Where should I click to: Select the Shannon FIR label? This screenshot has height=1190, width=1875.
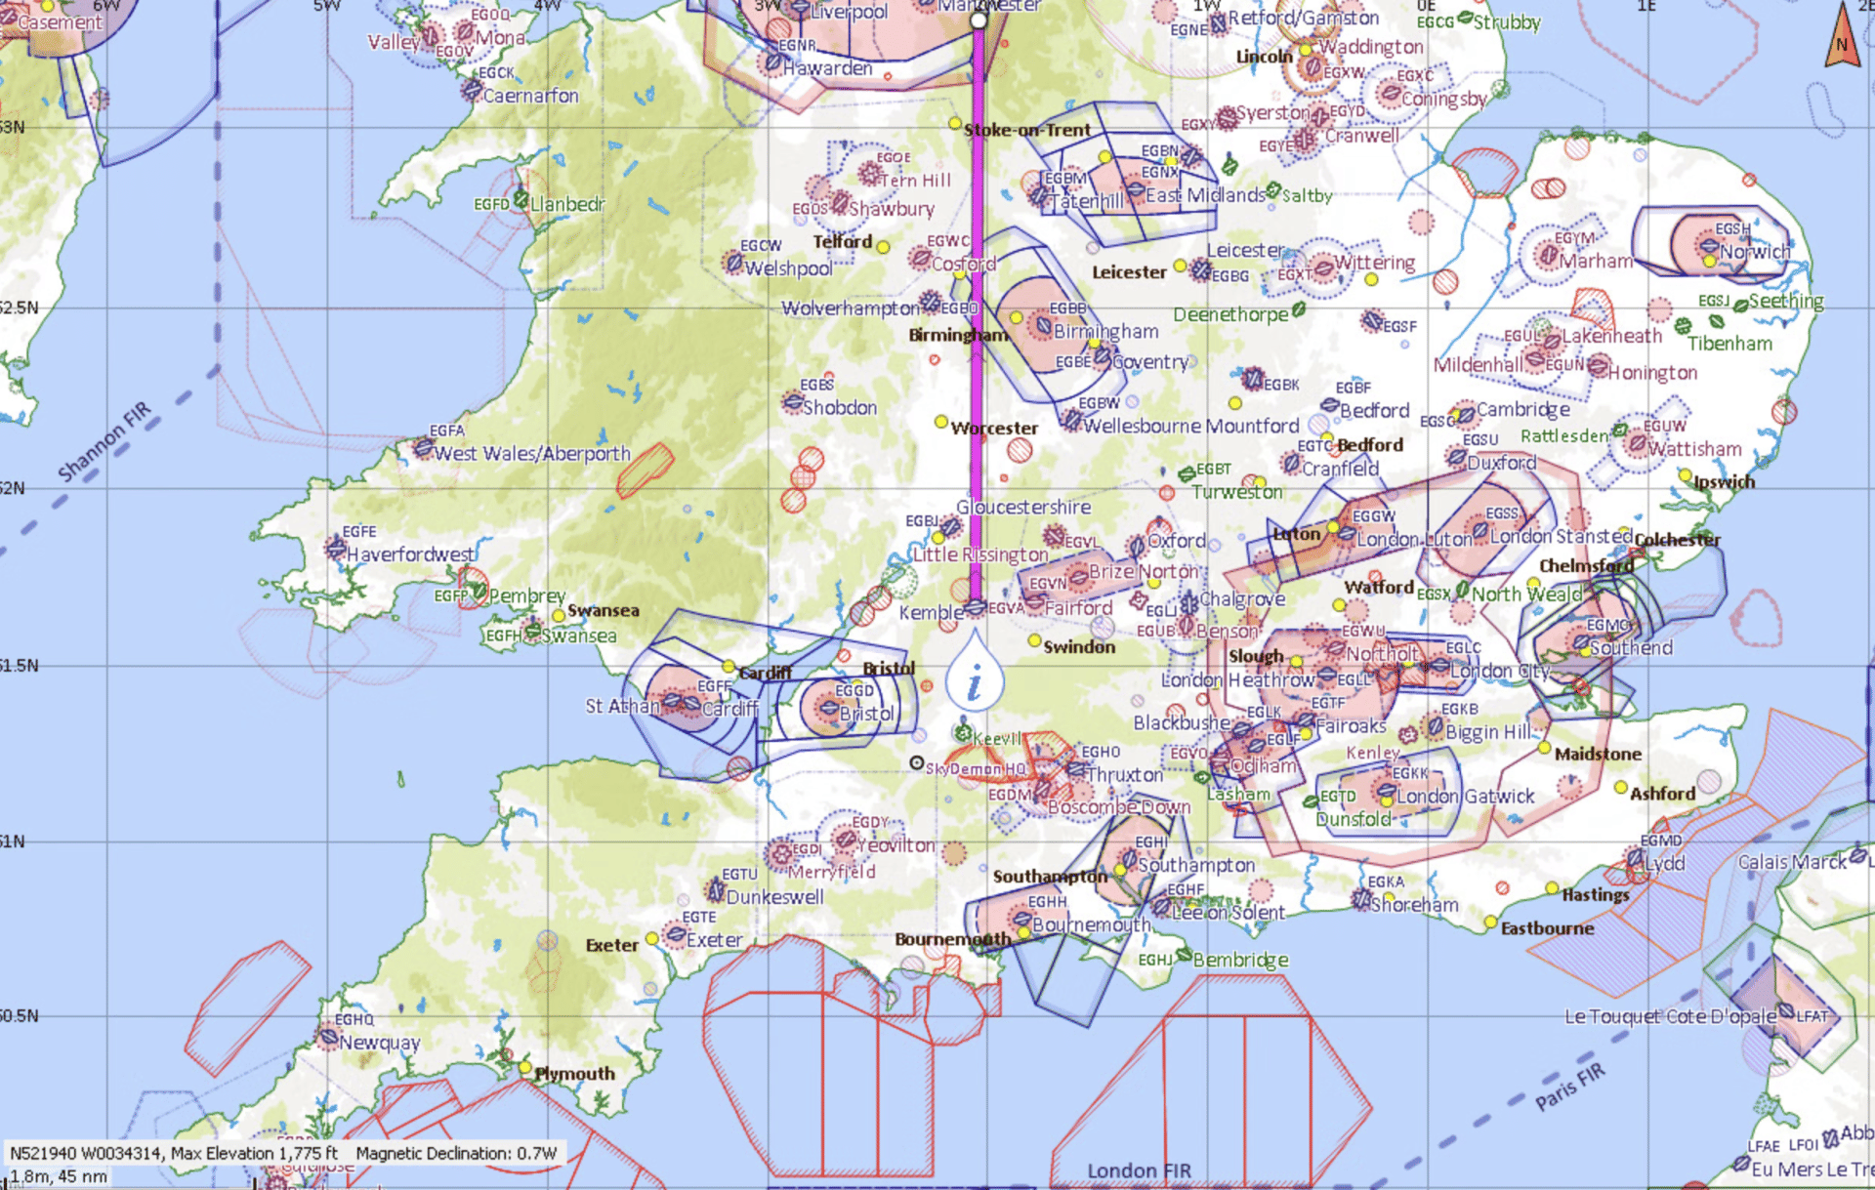point(104,441)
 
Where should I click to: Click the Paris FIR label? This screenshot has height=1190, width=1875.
point(1569,1087)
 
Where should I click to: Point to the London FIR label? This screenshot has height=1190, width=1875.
point(1139,1170)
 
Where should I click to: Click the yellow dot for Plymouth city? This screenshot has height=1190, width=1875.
point(525,1068)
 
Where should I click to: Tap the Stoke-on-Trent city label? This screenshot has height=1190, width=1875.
point(1026,130)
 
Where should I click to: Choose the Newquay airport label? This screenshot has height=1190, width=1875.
point(379,1043)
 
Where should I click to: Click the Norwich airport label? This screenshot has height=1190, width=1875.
point(1755,252)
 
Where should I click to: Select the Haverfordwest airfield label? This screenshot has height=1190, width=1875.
point(410,554)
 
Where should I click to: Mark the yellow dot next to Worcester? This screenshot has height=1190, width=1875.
point(941,422)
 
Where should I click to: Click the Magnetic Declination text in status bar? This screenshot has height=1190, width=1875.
point(456,1153)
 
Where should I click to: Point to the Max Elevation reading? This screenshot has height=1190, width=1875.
point(254,1153)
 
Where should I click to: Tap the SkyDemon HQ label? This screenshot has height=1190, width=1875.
point(975,768)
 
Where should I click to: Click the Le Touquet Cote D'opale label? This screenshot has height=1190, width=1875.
point(1670,1016)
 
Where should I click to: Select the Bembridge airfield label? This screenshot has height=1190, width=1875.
point(1240,960)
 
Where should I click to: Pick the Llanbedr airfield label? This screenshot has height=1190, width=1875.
point(566,204)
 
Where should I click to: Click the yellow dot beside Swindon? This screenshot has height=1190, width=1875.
point(1034,640)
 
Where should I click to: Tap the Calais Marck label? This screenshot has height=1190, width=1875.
point(1792,862)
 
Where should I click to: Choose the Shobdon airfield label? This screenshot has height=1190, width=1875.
point(840,407)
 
